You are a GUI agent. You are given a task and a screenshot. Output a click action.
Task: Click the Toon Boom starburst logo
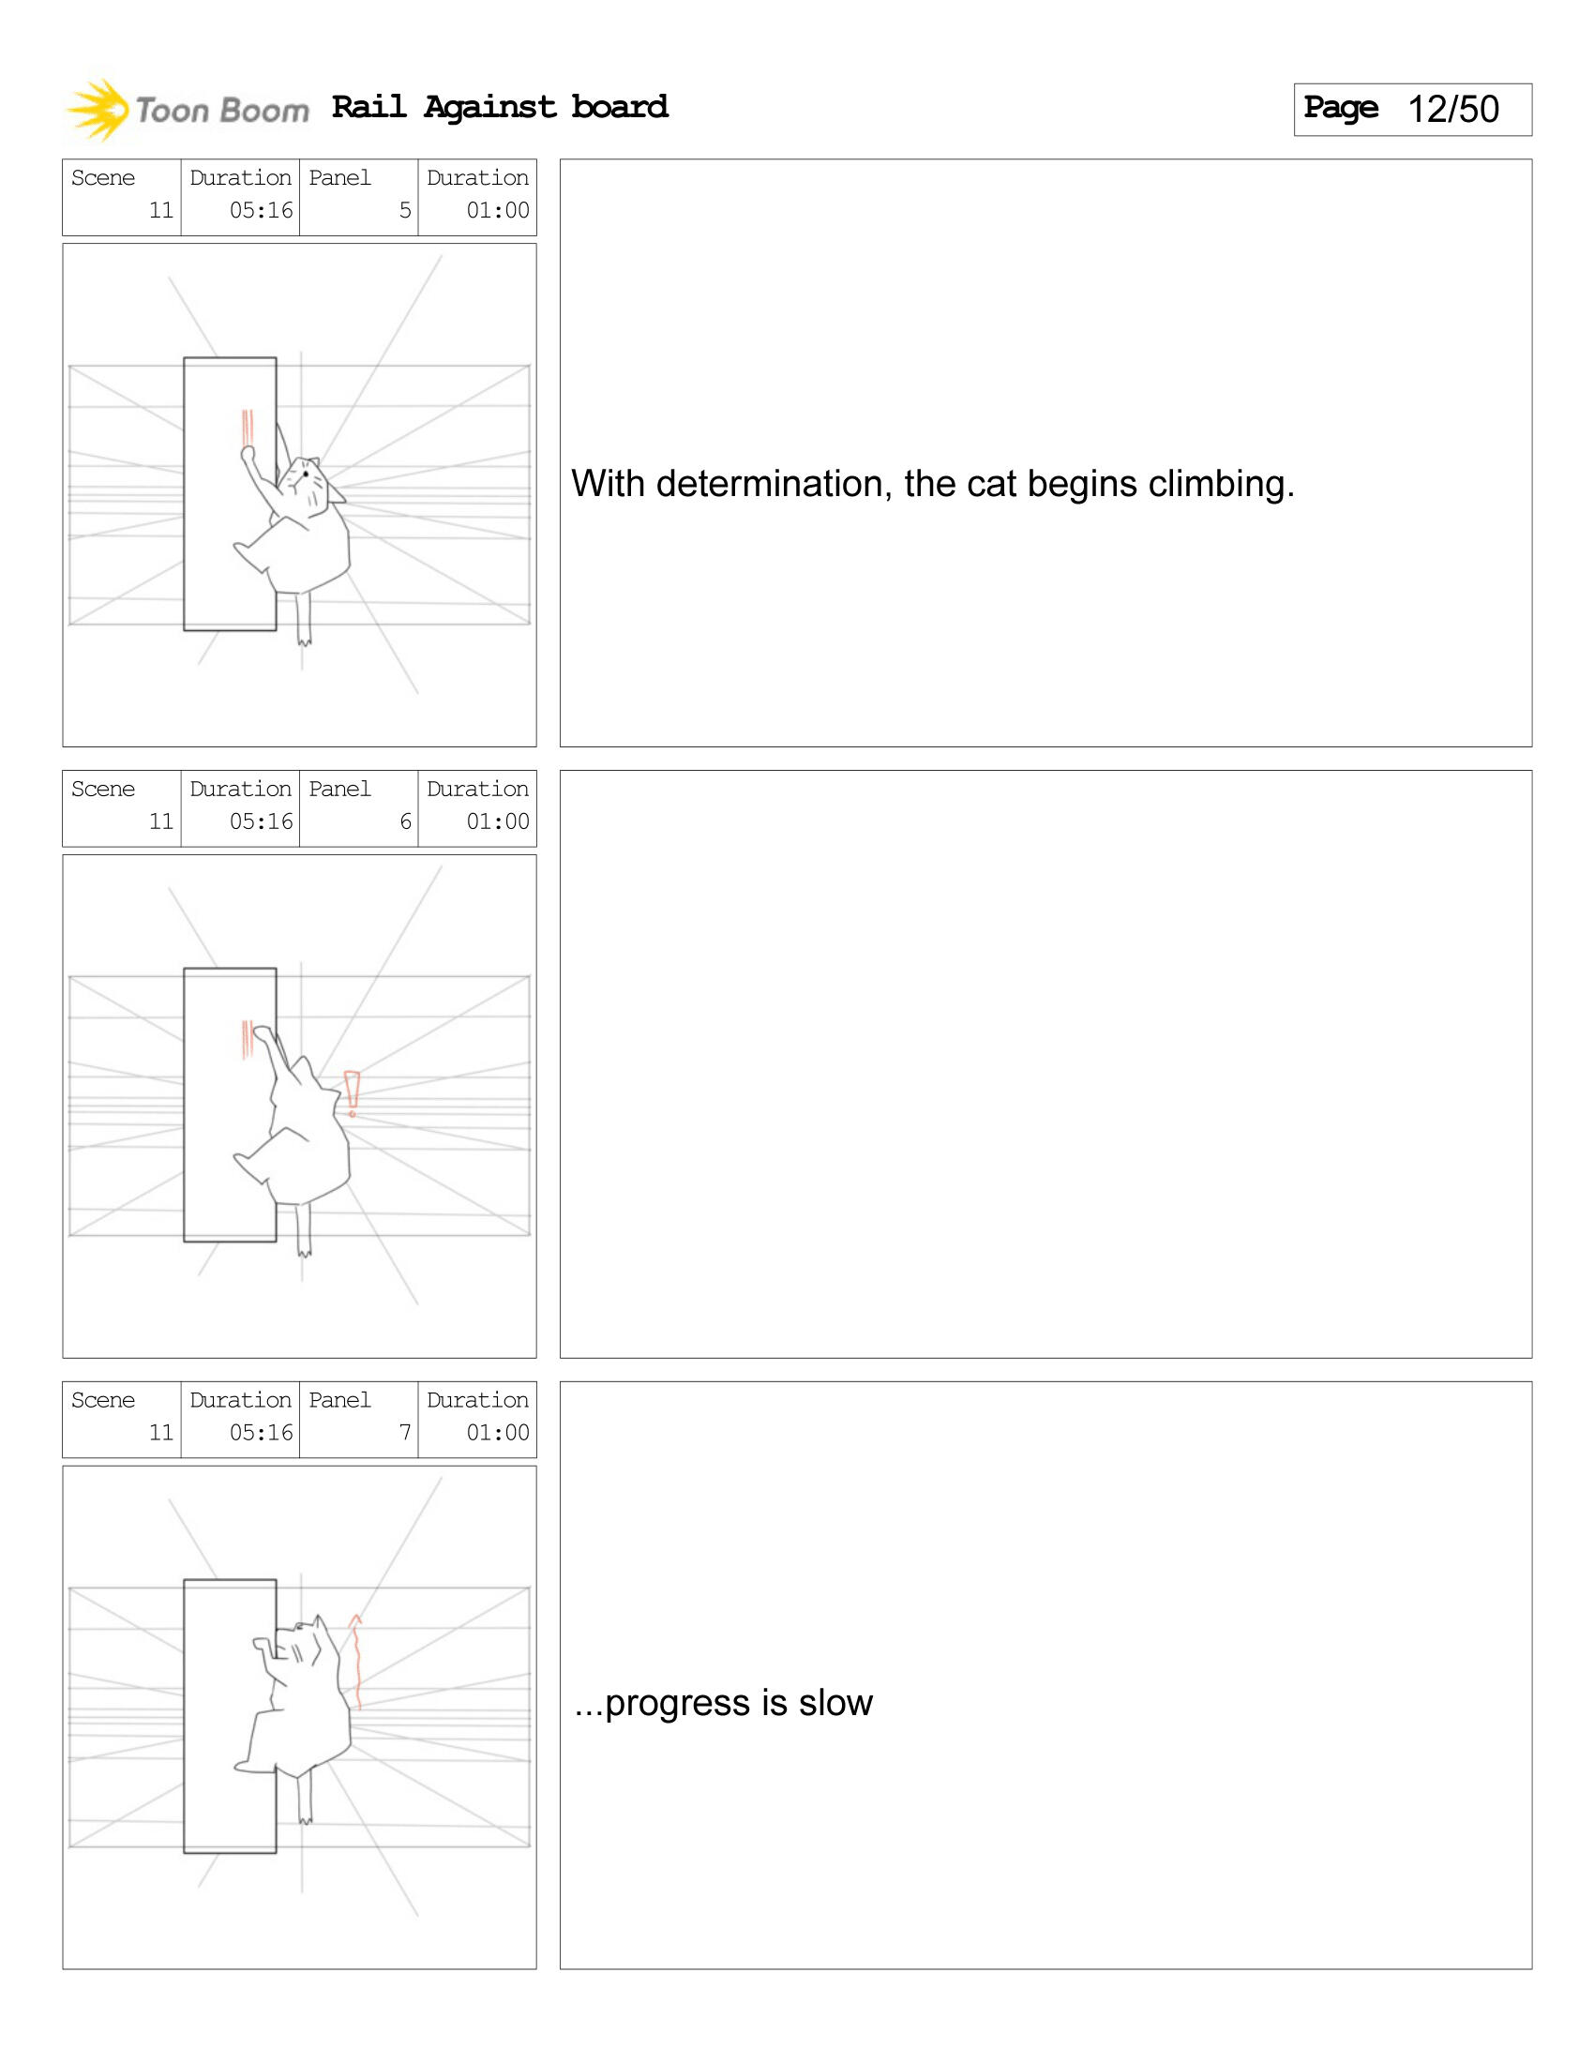[98, 111]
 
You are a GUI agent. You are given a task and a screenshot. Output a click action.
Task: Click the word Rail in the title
[369, 106]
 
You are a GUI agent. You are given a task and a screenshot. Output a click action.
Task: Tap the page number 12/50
[1452, 110]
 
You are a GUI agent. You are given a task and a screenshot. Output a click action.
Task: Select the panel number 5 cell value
[405, 210]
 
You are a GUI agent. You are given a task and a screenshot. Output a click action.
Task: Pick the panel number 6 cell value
[405, 821]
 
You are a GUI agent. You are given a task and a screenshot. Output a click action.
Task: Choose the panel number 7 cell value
[405, 1432]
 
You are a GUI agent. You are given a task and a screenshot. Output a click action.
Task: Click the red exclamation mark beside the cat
[353, 1093]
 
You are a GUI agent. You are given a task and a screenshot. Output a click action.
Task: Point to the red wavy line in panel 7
[357, 1662]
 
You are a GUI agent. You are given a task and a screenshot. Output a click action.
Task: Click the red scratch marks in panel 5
[248, 428]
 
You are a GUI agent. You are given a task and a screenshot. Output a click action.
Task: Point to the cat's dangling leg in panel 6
[303, 1230]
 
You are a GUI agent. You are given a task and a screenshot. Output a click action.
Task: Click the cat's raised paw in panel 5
[248, 455]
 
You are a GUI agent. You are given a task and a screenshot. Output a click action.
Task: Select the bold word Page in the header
[1341, 108]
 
